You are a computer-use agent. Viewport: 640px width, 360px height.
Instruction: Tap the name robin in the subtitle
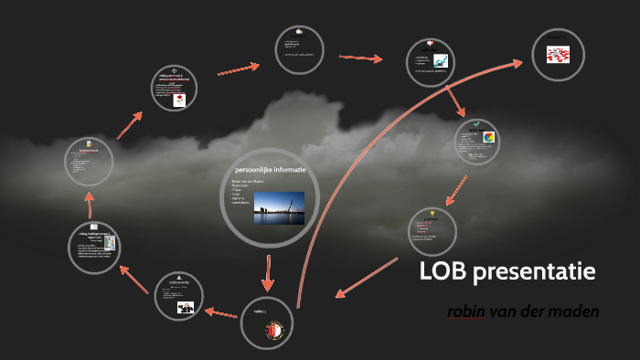[x=466, y=312]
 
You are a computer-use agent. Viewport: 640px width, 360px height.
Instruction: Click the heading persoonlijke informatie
[x=270, y=171]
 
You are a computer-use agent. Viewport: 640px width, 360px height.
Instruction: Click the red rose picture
[x=179, y=101]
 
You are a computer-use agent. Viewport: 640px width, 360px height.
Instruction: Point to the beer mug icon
[x=89, y=143]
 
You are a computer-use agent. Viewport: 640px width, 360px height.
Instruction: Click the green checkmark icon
[x=475, y=123]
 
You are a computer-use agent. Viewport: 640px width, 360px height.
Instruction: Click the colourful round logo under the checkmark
[x=489, y=139]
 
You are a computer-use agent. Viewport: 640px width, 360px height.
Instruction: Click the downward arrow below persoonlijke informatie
[x=269, y=269]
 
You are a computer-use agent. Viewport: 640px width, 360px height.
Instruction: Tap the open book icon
[x=95, y=227]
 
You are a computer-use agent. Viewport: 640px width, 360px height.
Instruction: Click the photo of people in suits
[x=186, y=308]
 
